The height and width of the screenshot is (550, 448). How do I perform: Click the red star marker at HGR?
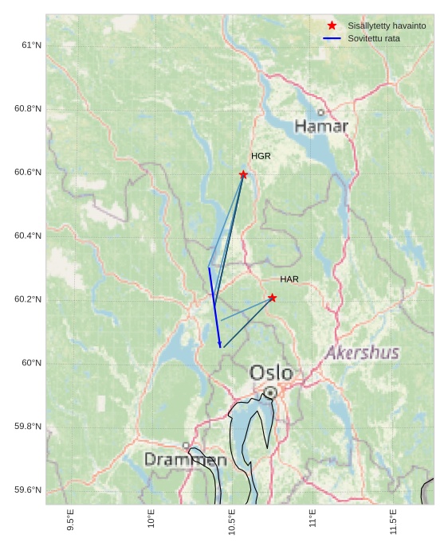(243, 174)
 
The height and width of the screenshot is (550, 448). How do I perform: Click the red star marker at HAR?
(272, 298)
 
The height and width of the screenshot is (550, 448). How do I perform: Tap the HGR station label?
(261, 156)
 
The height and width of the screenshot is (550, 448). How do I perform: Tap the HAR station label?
(289, 279)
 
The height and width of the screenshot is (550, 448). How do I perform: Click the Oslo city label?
(271, 373)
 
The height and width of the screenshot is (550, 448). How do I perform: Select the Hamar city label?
(321, 126)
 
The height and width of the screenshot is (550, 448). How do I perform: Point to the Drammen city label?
(185, 460)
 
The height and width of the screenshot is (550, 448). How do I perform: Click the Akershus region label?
(362, 353)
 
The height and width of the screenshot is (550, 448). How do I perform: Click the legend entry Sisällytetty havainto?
(387, 25)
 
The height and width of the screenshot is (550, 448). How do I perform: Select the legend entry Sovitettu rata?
(374, 38)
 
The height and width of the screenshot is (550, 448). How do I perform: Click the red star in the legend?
(332, 25)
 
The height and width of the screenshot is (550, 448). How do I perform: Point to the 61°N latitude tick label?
(31, 45)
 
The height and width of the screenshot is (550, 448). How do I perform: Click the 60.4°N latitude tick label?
(28, 236)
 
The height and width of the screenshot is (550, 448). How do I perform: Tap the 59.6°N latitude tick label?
(28, 490)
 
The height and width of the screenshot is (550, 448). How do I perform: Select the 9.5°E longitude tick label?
(71, 520)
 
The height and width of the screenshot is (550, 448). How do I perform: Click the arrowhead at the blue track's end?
(220, 345)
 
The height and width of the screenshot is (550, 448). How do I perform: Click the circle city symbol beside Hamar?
(321, 112)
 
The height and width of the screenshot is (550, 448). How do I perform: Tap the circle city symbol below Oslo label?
(271, 392)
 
